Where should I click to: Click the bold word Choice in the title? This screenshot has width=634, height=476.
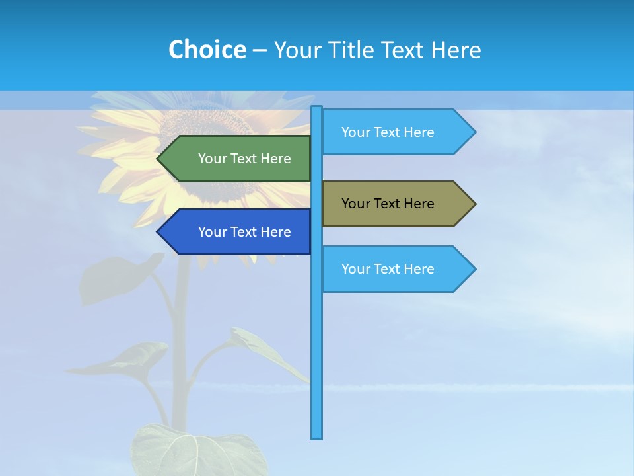click(x=207, y=50)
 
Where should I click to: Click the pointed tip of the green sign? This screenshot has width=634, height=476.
click(x=158, y=159)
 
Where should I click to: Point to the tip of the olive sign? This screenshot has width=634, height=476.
click(x=474, y=204)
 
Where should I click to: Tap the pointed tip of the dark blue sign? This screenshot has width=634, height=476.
click(x=158, y=232)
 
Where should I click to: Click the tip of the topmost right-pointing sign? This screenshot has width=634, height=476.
click(x=474, y=132)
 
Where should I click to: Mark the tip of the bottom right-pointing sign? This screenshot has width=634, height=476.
click(x=474, y=269)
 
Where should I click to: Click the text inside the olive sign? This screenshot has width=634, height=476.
click(x=388, y=204)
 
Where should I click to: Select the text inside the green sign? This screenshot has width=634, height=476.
click(x=244, y=159)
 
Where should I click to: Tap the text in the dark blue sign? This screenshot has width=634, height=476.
click(x=244, y=232)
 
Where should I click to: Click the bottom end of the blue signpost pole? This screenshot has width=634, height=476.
click(x=317, y=436)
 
